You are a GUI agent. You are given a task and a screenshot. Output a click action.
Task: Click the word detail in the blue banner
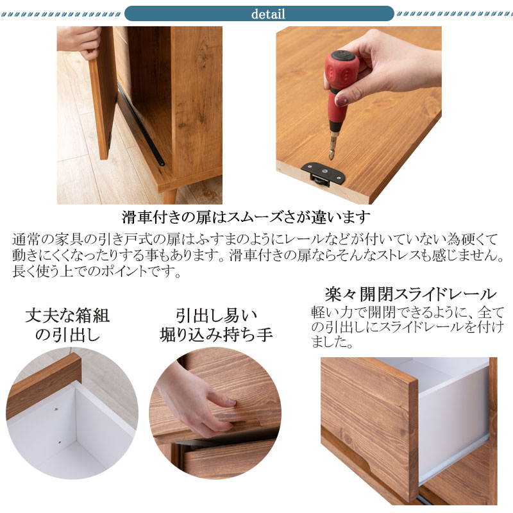click(268, 14)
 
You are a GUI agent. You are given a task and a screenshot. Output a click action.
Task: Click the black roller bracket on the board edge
click(324, 174)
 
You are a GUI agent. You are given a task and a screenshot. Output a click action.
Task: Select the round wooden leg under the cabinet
click(169, 197)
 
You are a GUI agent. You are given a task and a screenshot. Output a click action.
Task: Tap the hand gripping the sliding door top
click(80, 42)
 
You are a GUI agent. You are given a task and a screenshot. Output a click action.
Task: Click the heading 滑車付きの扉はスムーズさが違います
click(246, 217)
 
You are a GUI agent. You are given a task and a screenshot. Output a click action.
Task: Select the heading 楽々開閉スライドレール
click(410, 294)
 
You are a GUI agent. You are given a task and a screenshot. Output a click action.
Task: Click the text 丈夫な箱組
click(67, 315)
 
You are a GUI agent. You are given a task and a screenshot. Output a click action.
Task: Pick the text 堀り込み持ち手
click(216, 335)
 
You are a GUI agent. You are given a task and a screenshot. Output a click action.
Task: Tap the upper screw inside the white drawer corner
click(56, 409)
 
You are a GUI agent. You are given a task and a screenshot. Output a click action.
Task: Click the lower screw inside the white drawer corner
click(60, 442)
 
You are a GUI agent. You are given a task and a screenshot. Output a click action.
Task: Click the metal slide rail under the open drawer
click(454, 458)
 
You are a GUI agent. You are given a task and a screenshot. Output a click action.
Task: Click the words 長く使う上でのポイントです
click(96, 271)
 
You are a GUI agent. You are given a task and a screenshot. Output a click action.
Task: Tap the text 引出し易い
click(216, 315)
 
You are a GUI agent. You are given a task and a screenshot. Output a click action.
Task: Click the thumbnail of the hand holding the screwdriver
click(358, 115)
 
